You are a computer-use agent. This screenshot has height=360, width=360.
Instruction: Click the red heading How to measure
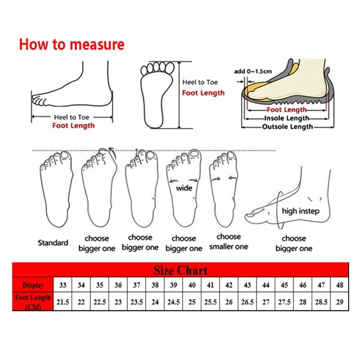point(71,45)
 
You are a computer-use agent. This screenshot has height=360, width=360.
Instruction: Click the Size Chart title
point(180,270)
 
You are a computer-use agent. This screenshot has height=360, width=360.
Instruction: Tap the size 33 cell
point(63,285)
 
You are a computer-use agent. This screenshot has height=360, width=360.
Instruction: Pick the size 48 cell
point(339,285)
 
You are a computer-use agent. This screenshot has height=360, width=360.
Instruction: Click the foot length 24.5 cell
point(173,302)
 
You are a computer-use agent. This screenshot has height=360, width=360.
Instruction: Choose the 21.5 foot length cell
point(63,302)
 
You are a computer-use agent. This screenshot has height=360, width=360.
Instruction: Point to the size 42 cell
point(229,285)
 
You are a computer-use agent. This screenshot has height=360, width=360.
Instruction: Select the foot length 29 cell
point(339,302)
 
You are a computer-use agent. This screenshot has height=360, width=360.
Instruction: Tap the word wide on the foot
point(184,188)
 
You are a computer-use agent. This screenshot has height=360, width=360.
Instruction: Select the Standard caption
point(53,243)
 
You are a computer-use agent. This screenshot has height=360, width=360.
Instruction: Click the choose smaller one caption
point(229,242)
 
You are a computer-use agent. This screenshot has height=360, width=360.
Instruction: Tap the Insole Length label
point(286,118)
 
